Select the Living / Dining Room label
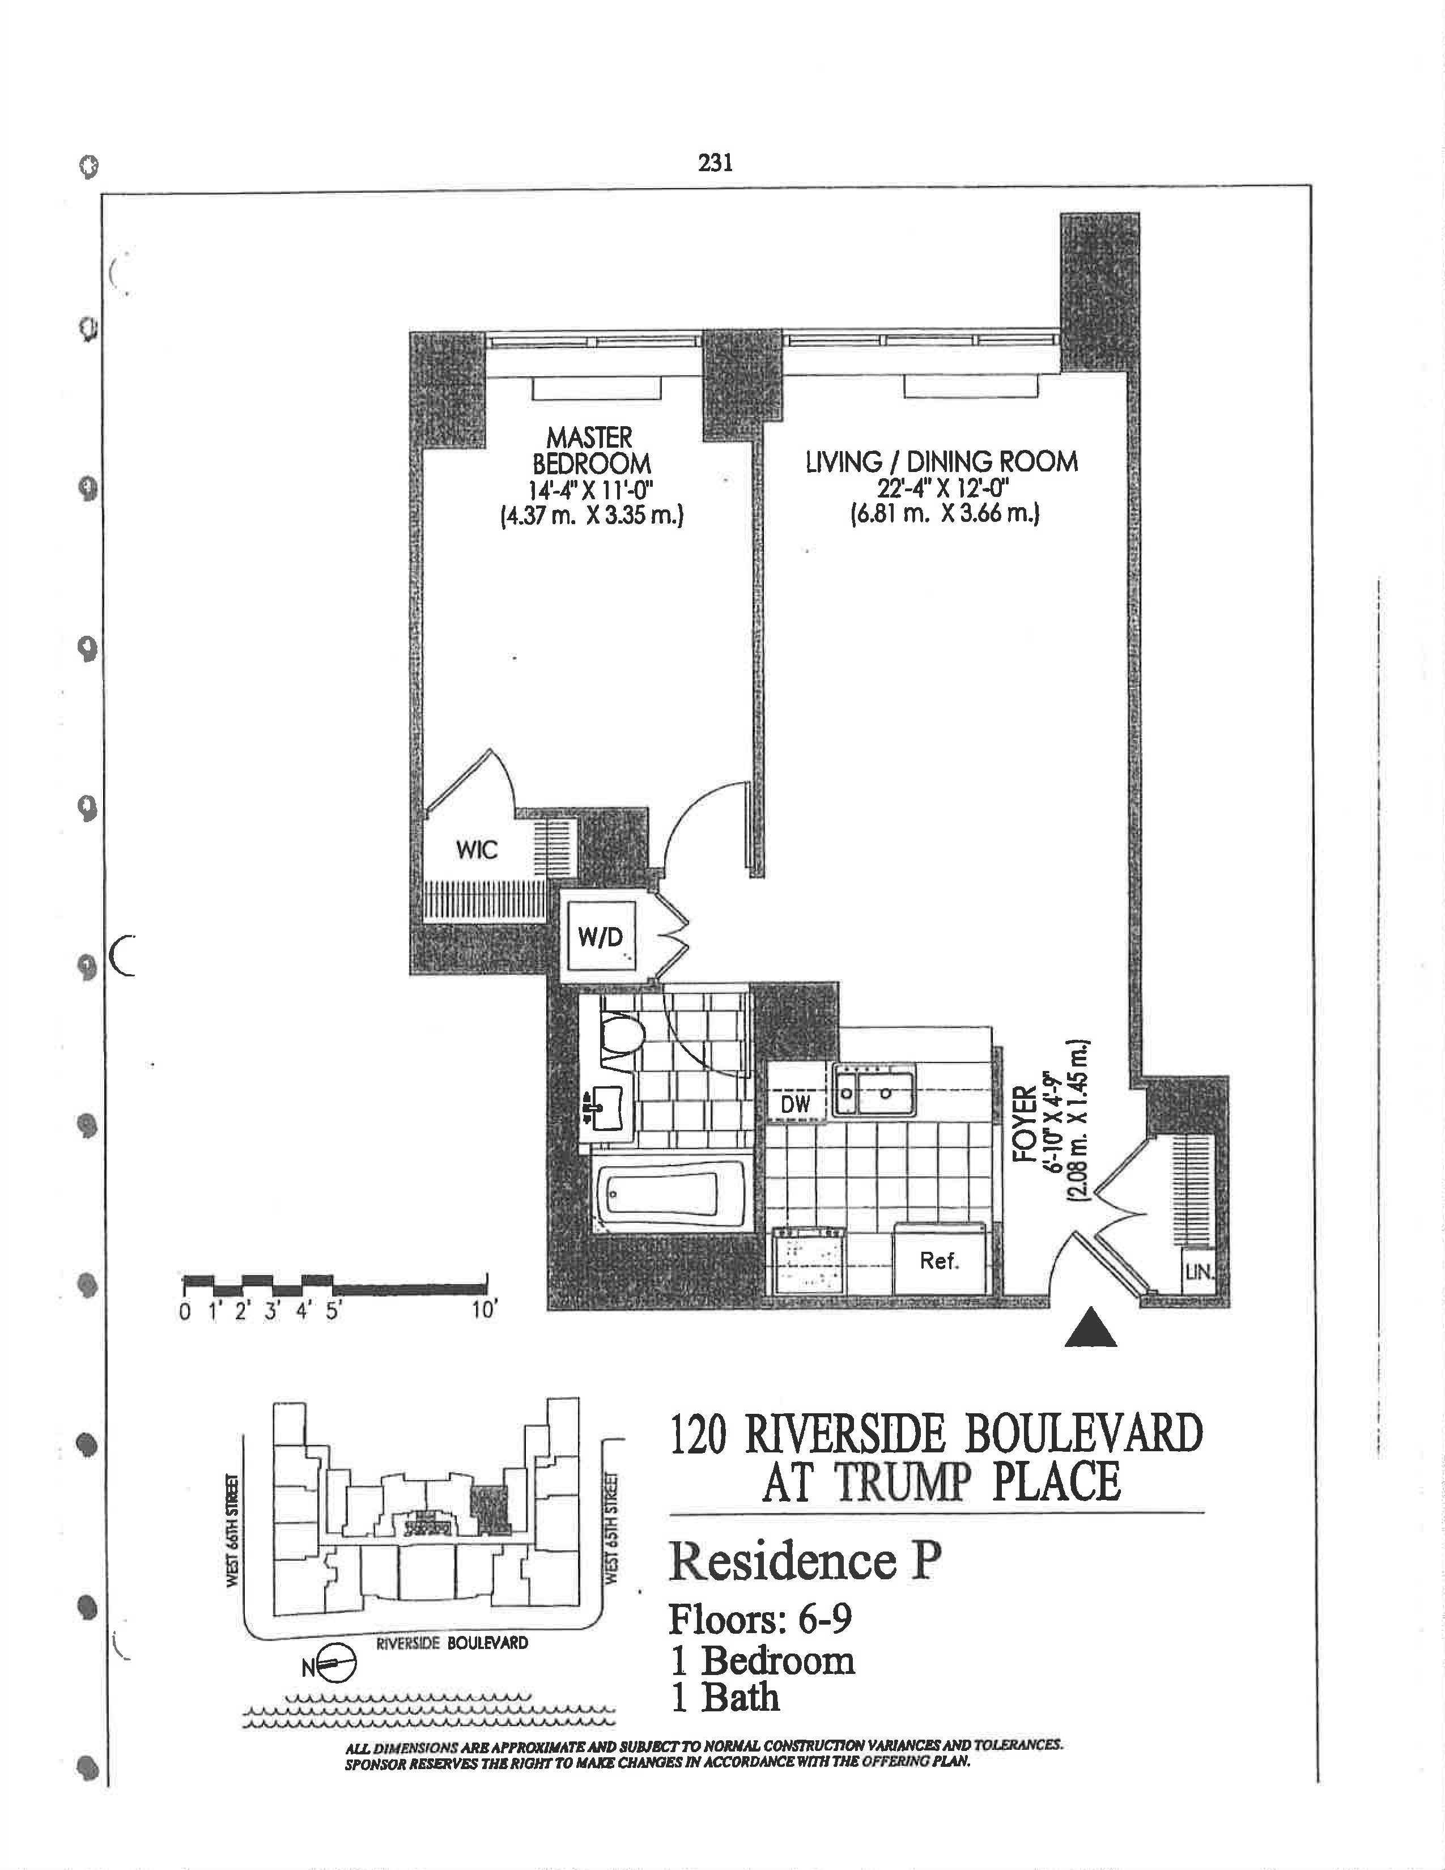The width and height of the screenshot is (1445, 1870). coord(942,462)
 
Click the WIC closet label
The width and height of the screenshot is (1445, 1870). coord(477,850)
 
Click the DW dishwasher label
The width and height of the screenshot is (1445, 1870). coord(795,1104)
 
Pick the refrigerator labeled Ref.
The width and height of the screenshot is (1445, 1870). coord(939,1260)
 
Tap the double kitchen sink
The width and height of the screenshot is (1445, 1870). coord(874,1093)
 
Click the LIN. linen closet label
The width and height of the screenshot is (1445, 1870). coord(1199,1273)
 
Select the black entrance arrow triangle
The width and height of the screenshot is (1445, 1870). coord(1091,1329)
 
